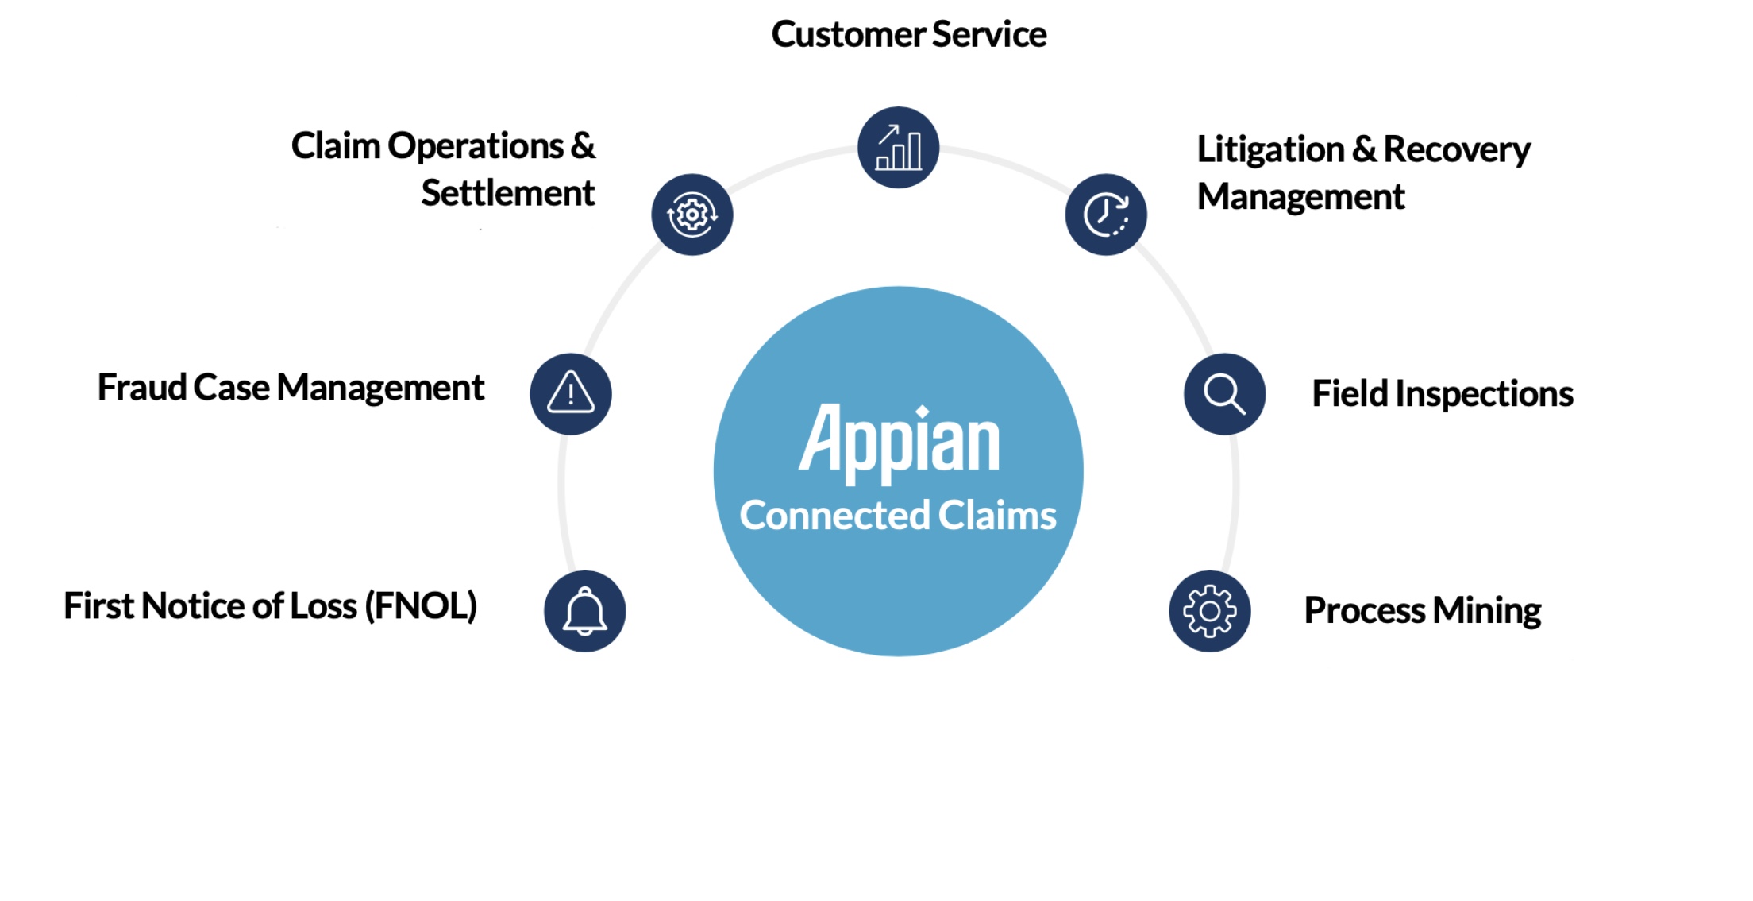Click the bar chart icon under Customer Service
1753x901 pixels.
click(x=898, y=148)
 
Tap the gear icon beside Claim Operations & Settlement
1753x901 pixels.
click(x=692, y=215)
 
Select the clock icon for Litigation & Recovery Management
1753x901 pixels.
click(x=1106, y=215)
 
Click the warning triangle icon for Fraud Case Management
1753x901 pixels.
click(x=571, y=394)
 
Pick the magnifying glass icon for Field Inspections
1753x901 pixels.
click(x=1224, y=394)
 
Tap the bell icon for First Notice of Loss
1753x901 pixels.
click(x=585, y=611)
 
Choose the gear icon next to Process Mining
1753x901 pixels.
click(x=1209, y=611)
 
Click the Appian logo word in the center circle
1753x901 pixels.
click(x=899, y=441)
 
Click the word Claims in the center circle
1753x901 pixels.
click(x=997, y=516)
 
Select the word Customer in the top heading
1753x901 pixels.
click(x=848, y=35)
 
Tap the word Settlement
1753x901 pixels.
click(x=507, y=193)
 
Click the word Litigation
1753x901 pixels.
click(x=1270, y=150)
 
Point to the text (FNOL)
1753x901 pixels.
click(x=421, y=606)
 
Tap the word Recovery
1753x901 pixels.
click(x=1456, y=150)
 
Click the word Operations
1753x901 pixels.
click(x=476, y=146)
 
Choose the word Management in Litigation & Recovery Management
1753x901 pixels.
click(x=1300, y=197)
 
